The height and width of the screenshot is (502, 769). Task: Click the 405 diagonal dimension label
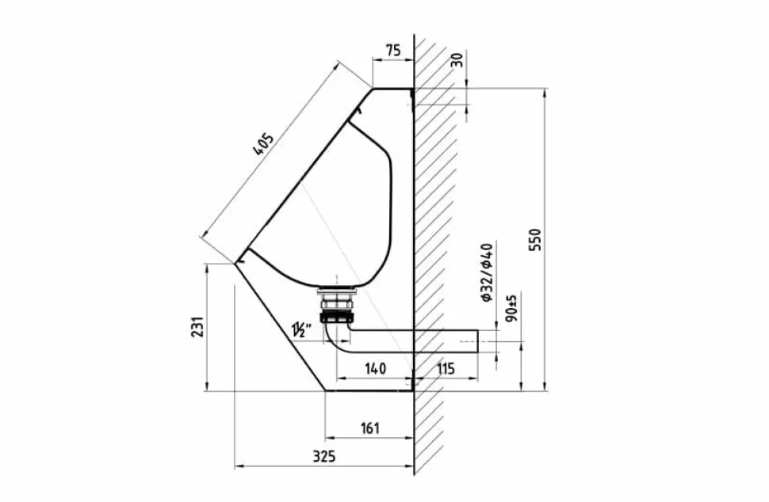coord(262,144)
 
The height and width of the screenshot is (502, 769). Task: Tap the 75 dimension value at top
coord(393,51)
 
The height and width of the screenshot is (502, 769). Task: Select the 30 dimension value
coord(456,59)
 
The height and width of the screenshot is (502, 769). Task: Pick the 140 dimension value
coord(375,368)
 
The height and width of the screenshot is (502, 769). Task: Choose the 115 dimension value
coord(446,368)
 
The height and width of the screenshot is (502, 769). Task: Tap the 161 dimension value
coord(369,428)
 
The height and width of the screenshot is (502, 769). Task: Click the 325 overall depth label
coord(324,456)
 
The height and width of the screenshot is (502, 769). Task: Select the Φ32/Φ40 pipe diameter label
coord(488,272)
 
